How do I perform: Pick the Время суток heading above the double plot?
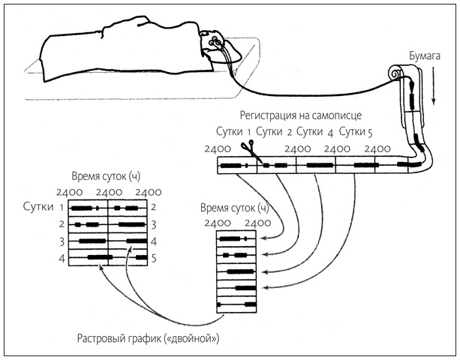coord(106,177)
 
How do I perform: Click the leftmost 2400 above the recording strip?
coord(218,148)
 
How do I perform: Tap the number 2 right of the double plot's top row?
coord(152,207)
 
